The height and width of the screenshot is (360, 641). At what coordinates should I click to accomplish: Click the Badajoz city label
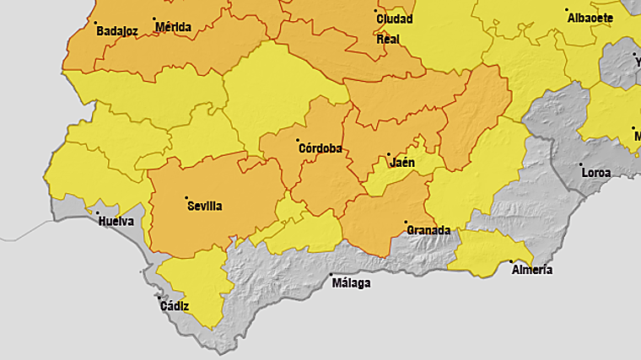(x=116, y=31)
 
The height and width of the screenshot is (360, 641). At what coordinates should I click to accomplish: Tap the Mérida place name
(x=174, y=27)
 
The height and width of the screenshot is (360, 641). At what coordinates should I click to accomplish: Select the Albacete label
(x=590, y=18)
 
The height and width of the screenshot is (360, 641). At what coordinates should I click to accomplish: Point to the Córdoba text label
(x=320, y=148)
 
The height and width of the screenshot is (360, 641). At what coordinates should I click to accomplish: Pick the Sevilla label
(x=205, y=205)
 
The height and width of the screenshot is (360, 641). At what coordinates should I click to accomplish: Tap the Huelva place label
(x=116, y=222)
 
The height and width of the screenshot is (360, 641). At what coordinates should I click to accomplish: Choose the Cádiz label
(x=175, y=306)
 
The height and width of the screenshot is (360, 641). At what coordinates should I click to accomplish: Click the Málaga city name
(x=351, y=283)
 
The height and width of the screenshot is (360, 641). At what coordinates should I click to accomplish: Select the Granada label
(x=428, y=230)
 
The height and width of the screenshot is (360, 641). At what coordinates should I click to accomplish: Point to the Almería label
(x=532, y=270)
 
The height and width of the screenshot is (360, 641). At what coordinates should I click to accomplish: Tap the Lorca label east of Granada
(x=596, y=173)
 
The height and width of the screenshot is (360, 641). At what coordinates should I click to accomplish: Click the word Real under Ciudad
(x=388, y=39)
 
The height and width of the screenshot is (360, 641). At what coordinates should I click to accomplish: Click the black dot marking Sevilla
(x=186, y=197)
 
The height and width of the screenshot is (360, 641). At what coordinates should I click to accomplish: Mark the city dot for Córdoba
(x=298, y=140)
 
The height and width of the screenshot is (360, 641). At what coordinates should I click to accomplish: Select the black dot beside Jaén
(x=388, y=154)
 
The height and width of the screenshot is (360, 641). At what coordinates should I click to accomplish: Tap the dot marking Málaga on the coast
(x=330, y=275)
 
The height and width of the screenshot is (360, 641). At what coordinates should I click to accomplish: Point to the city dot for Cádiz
(x=159, y=298)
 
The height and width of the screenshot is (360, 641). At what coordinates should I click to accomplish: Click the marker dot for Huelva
(x=97, y=213)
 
